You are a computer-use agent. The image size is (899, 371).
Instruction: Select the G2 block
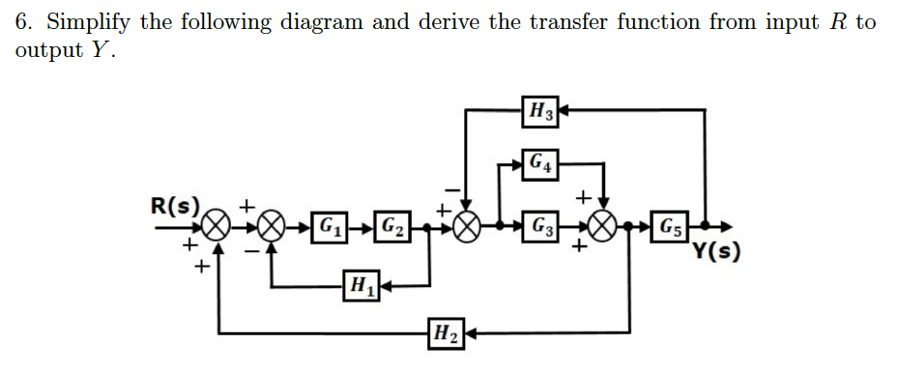click(392, 230)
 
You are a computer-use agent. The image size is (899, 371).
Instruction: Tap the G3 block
click(540, 230)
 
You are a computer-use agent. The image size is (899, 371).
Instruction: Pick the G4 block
click(540, 163)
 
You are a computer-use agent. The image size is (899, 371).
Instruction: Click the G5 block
click(670, 230)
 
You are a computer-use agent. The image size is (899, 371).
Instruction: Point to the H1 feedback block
click(360, 285)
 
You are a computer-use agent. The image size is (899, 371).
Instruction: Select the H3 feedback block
click(540, 111)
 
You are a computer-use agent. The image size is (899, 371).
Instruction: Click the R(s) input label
click(175, 206)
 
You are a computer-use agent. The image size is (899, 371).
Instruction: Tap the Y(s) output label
click(716, 254)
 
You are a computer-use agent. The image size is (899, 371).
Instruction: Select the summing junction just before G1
click(274, 230)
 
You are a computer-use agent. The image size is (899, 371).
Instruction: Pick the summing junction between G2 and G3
click(468, 230)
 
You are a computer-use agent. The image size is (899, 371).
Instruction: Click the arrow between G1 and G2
click(362, 230)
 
